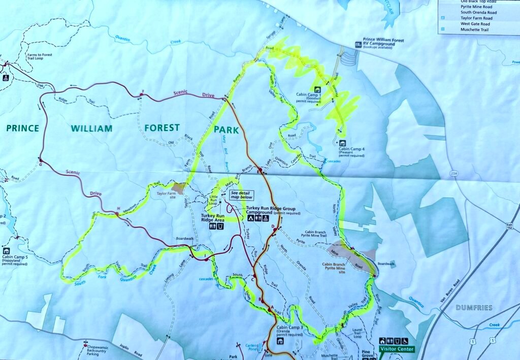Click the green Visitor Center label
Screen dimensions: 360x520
(x=396, y=349)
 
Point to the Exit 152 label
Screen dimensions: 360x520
(x=509, y=225)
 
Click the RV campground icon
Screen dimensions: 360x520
(x=358, y=45)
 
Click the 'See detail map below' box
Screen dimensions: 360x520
(x=241, y=195)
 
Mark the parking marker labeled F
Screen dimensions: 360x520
(x=142, y=94)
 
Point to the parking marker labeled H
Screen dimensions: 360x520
(x=118, y=213)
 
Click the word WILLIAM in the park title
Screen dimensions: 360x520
(x=91, y=128)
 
